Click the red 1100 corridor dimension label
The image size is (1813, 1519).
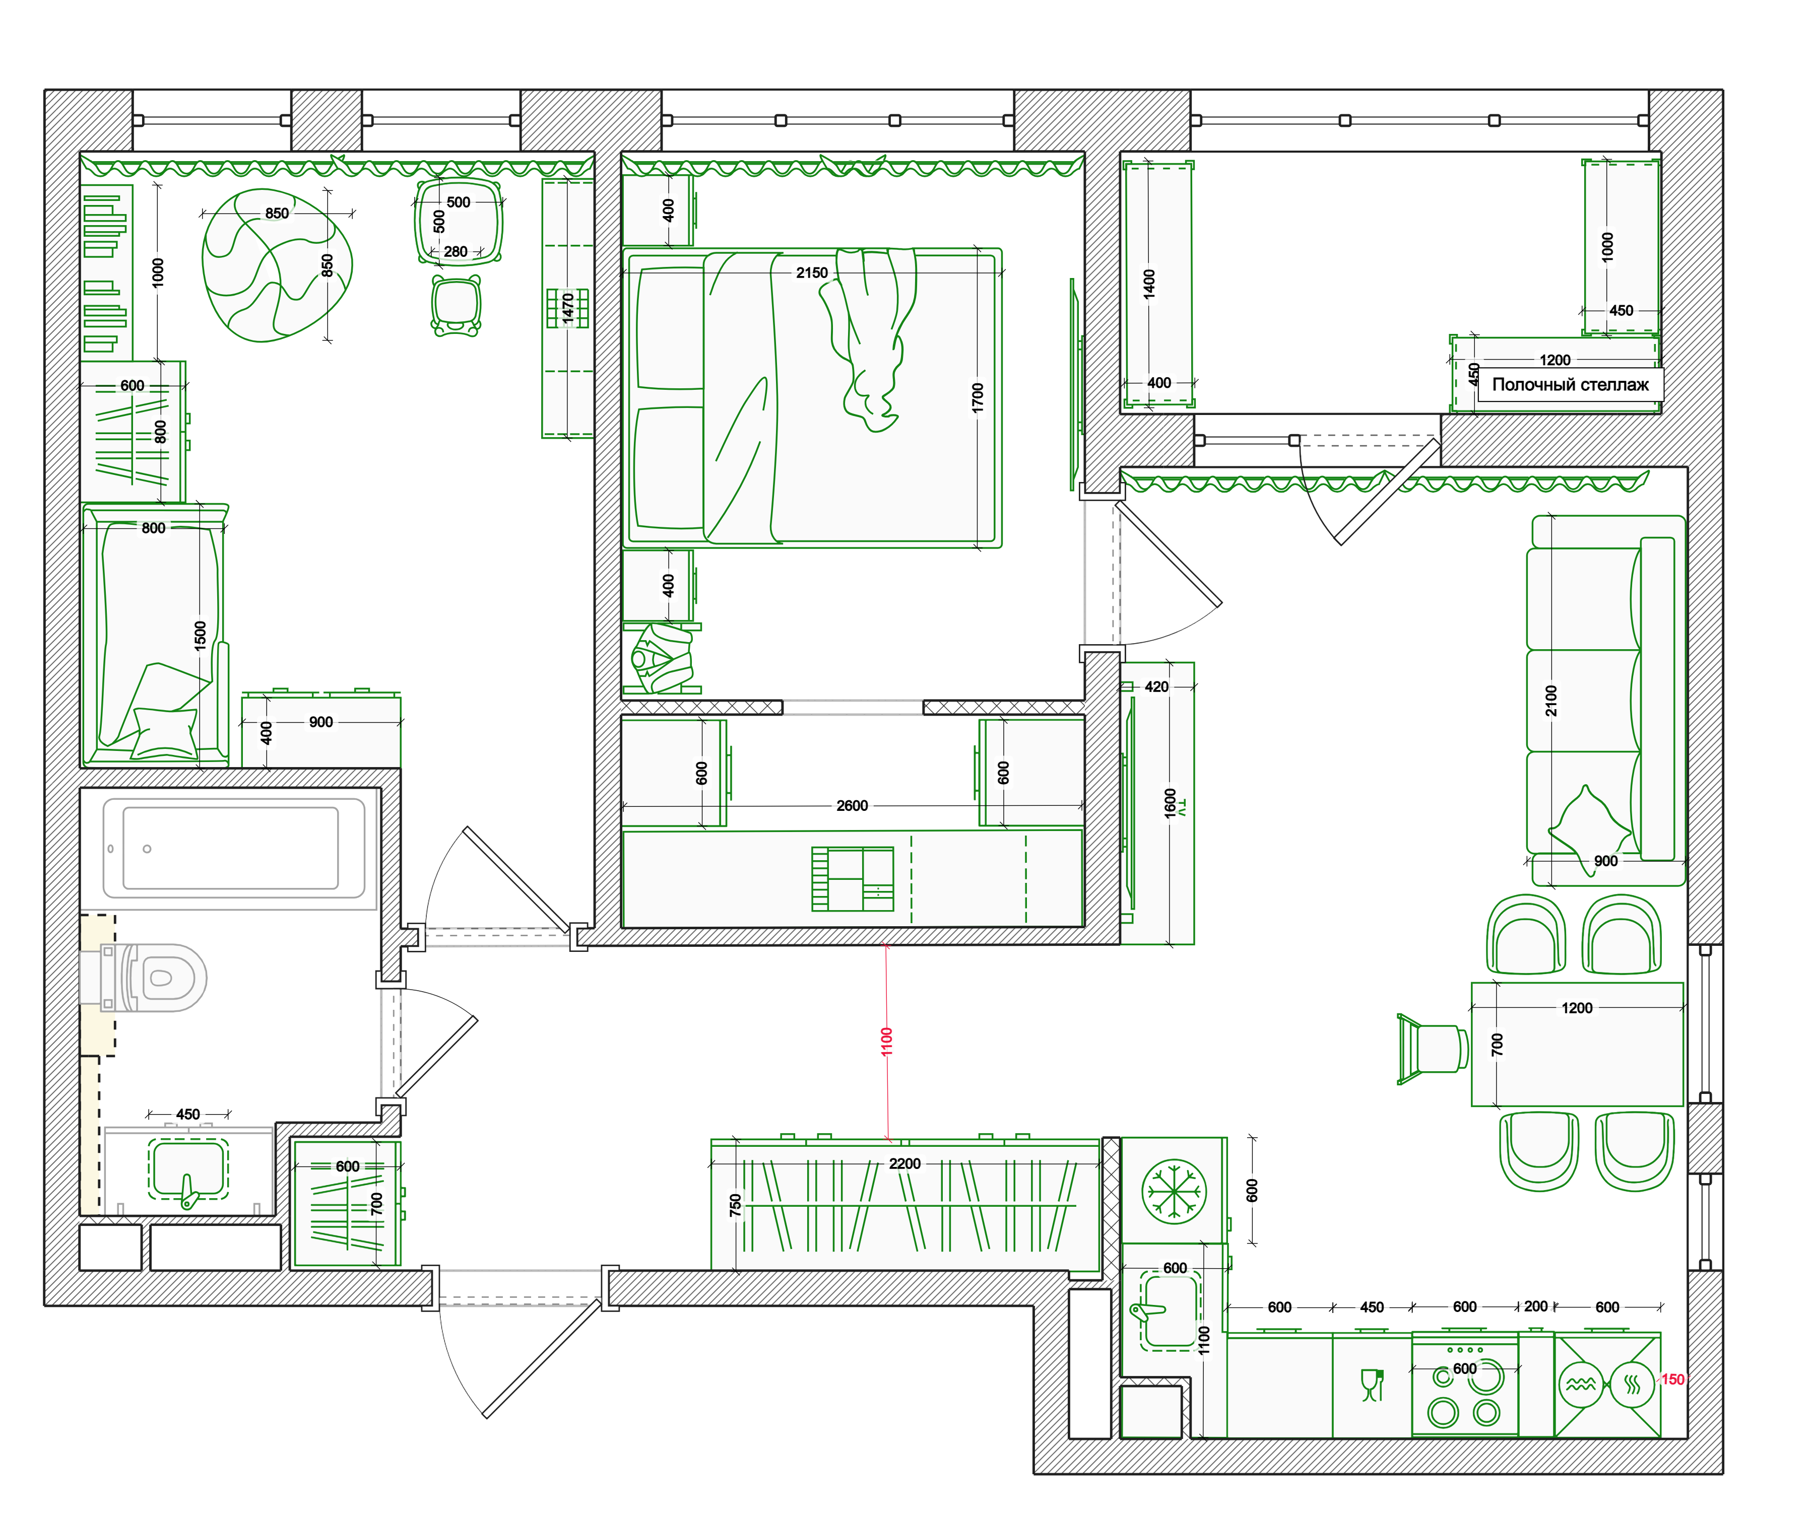887,1041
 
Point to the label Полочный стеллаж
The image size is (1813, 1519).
1570,385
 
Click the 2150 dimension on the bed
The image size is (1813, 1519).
812,273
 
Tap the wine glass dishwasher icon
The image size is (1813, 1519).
1372,1385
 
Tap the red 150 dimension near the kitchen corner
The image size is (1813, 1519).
1672,1379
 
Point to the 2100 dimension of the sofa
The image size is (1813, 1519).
1551,700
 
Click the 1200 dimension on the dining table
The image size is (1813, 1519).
1577,1008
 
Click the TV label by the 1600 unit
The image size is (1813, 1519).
1183,807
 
